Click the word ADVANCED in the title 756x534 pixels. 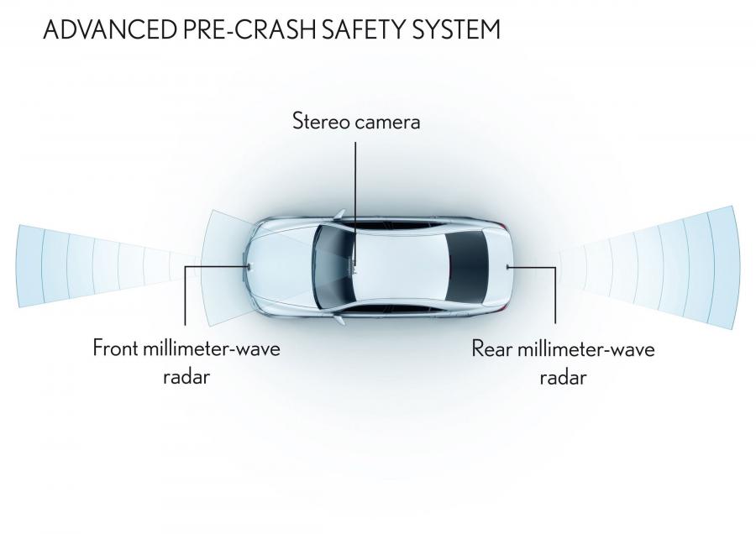pyautogui.click(x=110, y=30)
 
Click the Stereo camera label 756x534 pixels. pyautogui.click(x=356, y=121)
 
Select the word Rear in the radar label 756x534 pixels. pyautogui.click(x=491, y=348)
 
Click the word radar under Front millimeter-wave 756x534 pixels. pyautogui.click(x=186, y=376)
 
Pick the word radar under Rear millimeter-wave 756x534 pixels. pyautogui.click(x=563, y=377)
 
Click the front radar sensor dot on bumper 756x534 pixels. pyautogui.click(x=248, y=265)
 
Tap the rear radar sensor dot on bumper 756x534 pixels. pyautogui.click(x=507, y=266)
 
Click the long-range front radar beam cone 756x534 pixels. pyautogui.click(x=97, y=265)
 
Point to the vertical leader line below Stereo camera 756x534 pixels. pyautogui.click(x=356, y=202)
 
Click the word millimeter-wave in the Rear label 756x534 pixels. pyautogui.click(x=585, y=348)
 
